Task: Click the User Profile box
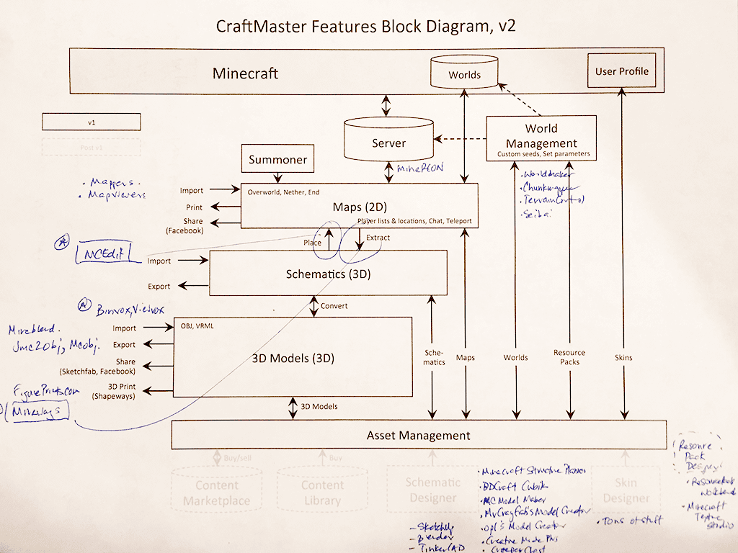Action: tap(621, 71)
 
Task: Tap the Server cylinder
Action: tap(388, 143)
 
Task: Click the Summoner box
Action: tap(277, 159)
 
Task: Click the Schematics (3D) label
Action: tap(328, 274)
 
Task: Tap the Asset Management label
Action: tap(418, 435)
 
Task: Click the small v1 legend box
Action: tap(91, 122)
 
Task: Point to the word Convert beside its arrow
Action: tap(334, 305)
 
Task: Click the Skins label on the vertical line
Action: tap(623, 357)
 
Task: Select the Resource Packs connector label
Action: tap(569, 357)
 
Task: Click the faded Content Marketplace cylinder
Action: tap(216, 493)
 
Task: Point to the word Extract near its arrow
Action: tap(378, 237)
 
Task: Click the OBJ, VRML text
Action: tap(198, 326)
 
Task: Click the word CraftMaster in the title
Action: tap(261, 26)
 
